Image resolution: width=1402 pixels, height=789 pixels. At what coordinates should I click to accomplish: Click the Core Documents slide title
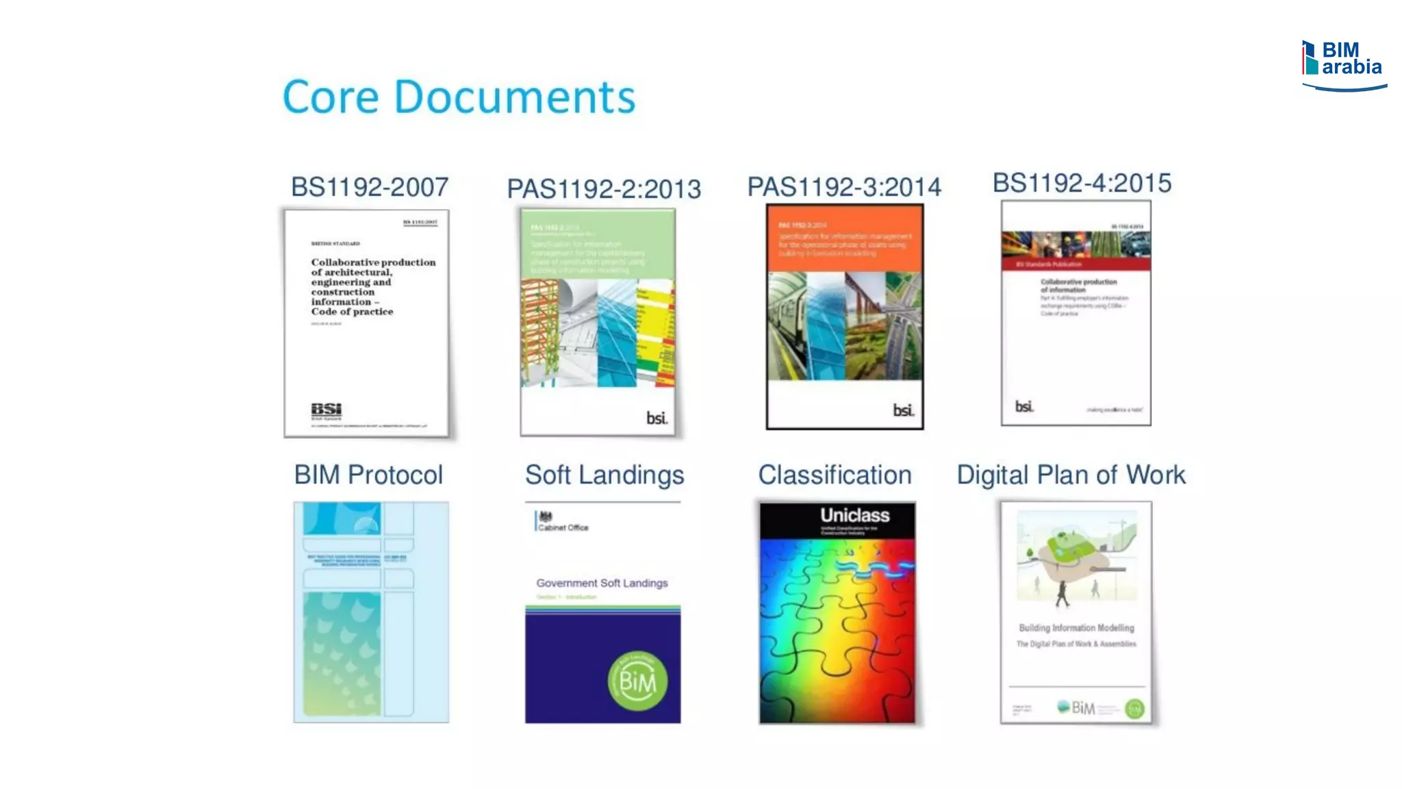click(459, 97)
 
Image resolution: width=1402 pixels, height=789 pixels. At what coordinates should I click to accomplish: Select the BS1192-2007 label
click(370, 187)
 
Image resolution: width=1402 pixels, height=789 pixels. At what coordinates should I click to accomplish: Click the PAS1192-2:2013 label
click(604, 189)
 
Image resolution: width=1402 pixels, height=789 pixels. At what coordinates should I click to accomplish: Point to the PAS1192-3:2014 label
click(844, 187)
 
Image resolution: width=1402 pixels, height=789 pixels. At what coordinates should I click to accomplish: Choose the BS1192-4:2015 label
click(1082, 183)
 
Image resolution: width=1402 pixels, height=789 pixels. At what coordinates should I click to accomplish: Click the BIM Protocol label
click(368, 475)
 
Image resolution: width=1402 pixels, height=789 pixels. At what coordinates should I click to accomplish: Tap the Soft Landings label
click(604, 475)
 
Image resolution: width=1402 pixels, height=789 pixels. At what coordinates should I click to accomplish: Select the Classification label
click(834, 475)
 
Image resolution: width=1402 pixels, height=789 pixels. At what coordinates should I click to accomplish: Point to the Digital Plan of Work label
click(1071, 475)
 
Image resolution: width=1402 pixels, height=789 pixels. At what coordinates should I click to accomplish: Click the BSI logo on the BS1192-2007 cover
click(327, 411)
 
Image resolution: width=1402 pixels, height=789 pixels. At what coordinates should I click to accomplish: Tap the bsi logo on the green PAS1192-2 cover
click(657, 418)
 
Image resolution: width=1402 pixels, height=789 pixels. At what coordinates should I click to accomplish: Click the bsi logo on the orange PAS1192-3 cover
click(903, 410)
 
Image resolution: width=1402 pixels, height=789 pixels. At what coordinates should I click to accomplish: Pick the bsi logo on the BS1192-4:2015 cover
click(1024, 407)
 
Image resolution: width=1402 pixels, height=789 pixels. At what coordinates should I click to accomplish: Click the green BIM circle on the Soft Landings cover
click(637, 681)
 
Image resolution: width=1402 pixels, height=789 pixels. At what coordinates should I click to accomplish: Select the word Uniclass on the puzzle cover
click(855, 515)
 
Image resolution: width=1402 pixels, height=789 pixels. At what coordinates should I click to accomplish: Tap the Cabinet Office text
click(563, 527)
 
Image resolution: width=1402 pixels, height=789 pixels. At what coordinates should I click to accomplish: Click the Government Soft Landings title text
click(602, 583)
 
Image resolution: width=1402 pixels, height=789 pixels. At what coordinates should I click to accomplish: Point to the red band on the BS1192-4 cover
click(1076, 264)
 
